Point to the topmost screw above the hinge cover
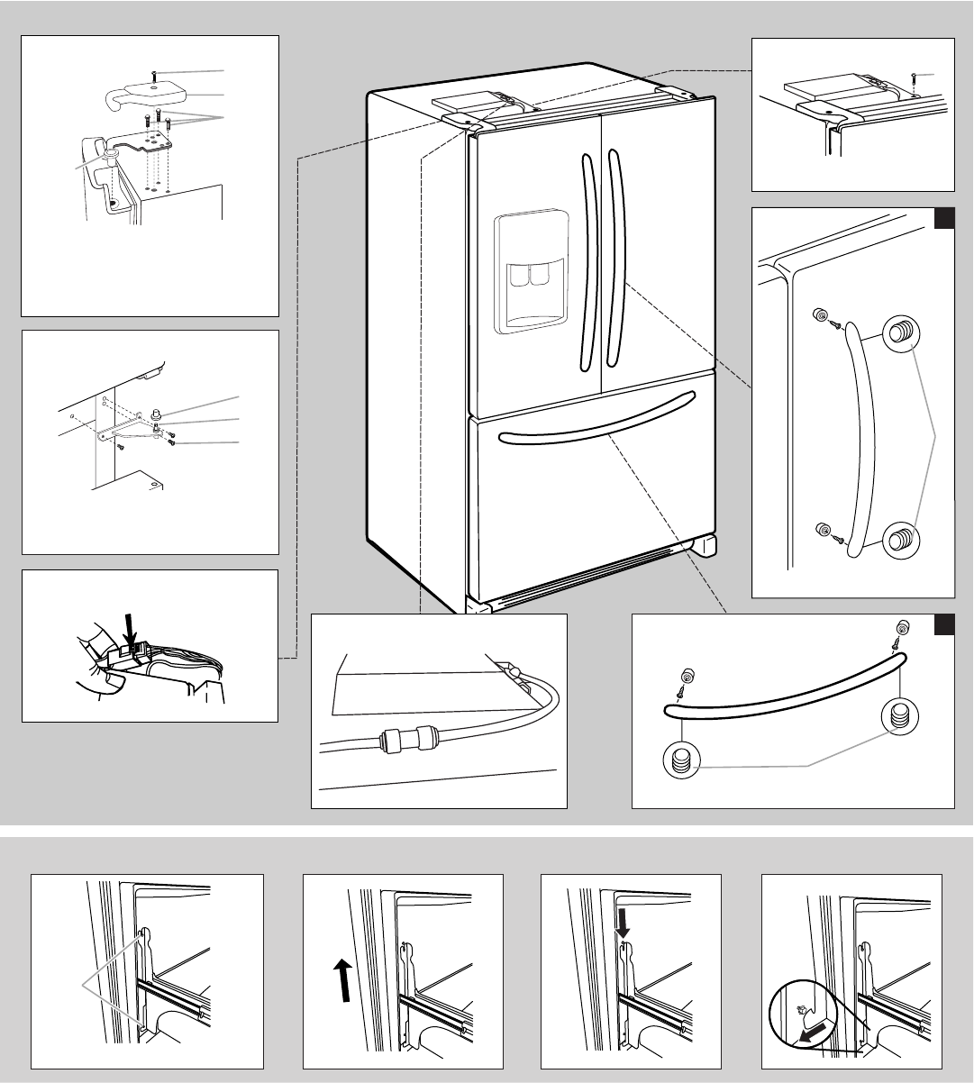(x=155, y=72)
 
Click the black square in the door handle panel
(x=943, y=219)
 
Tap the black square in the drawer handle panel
(x=943, y=625)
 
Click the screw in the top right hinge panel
(x=914, y=76)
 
